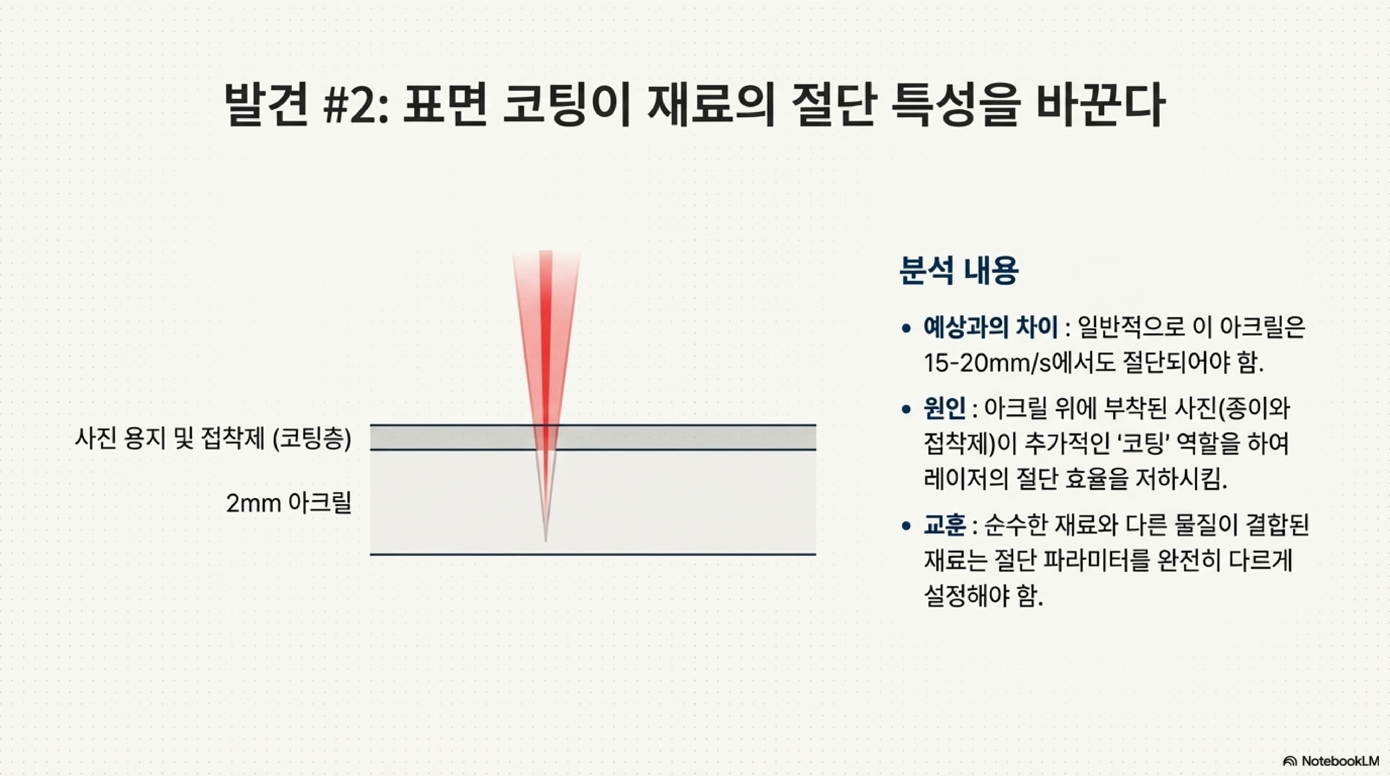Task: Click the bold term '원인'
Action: pyautogui.click(x=944, y=409)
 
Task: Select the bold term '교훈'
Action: pyautogui.click(x=944, y=525)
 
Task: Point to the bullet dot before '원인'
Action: pyautogui.click(x=907, y=410)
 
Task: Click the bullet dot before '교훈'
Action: pyautogui.click(x=907, y=525)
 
